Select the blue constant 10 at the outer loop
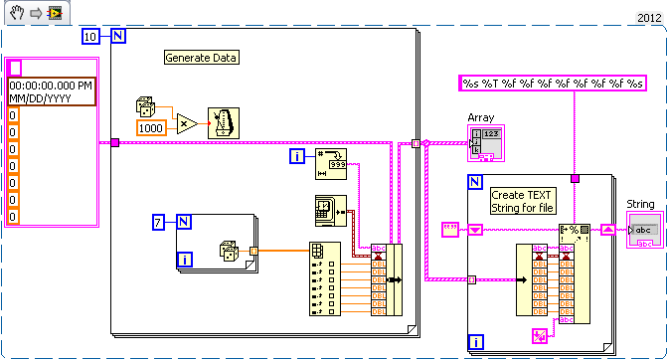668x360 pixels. pos(89,38)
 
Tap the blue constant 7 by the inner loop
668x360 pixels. pos(159,221)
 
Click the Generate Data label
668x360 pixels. pos(202,58)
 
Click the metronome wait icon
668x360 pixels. pos(223,122)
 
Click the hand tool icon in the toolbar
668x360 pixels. pos(17,13)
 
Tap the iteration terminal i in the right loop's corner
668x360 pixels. pos(477,343)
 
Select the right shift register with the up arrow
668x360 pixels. pos(606,230)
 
